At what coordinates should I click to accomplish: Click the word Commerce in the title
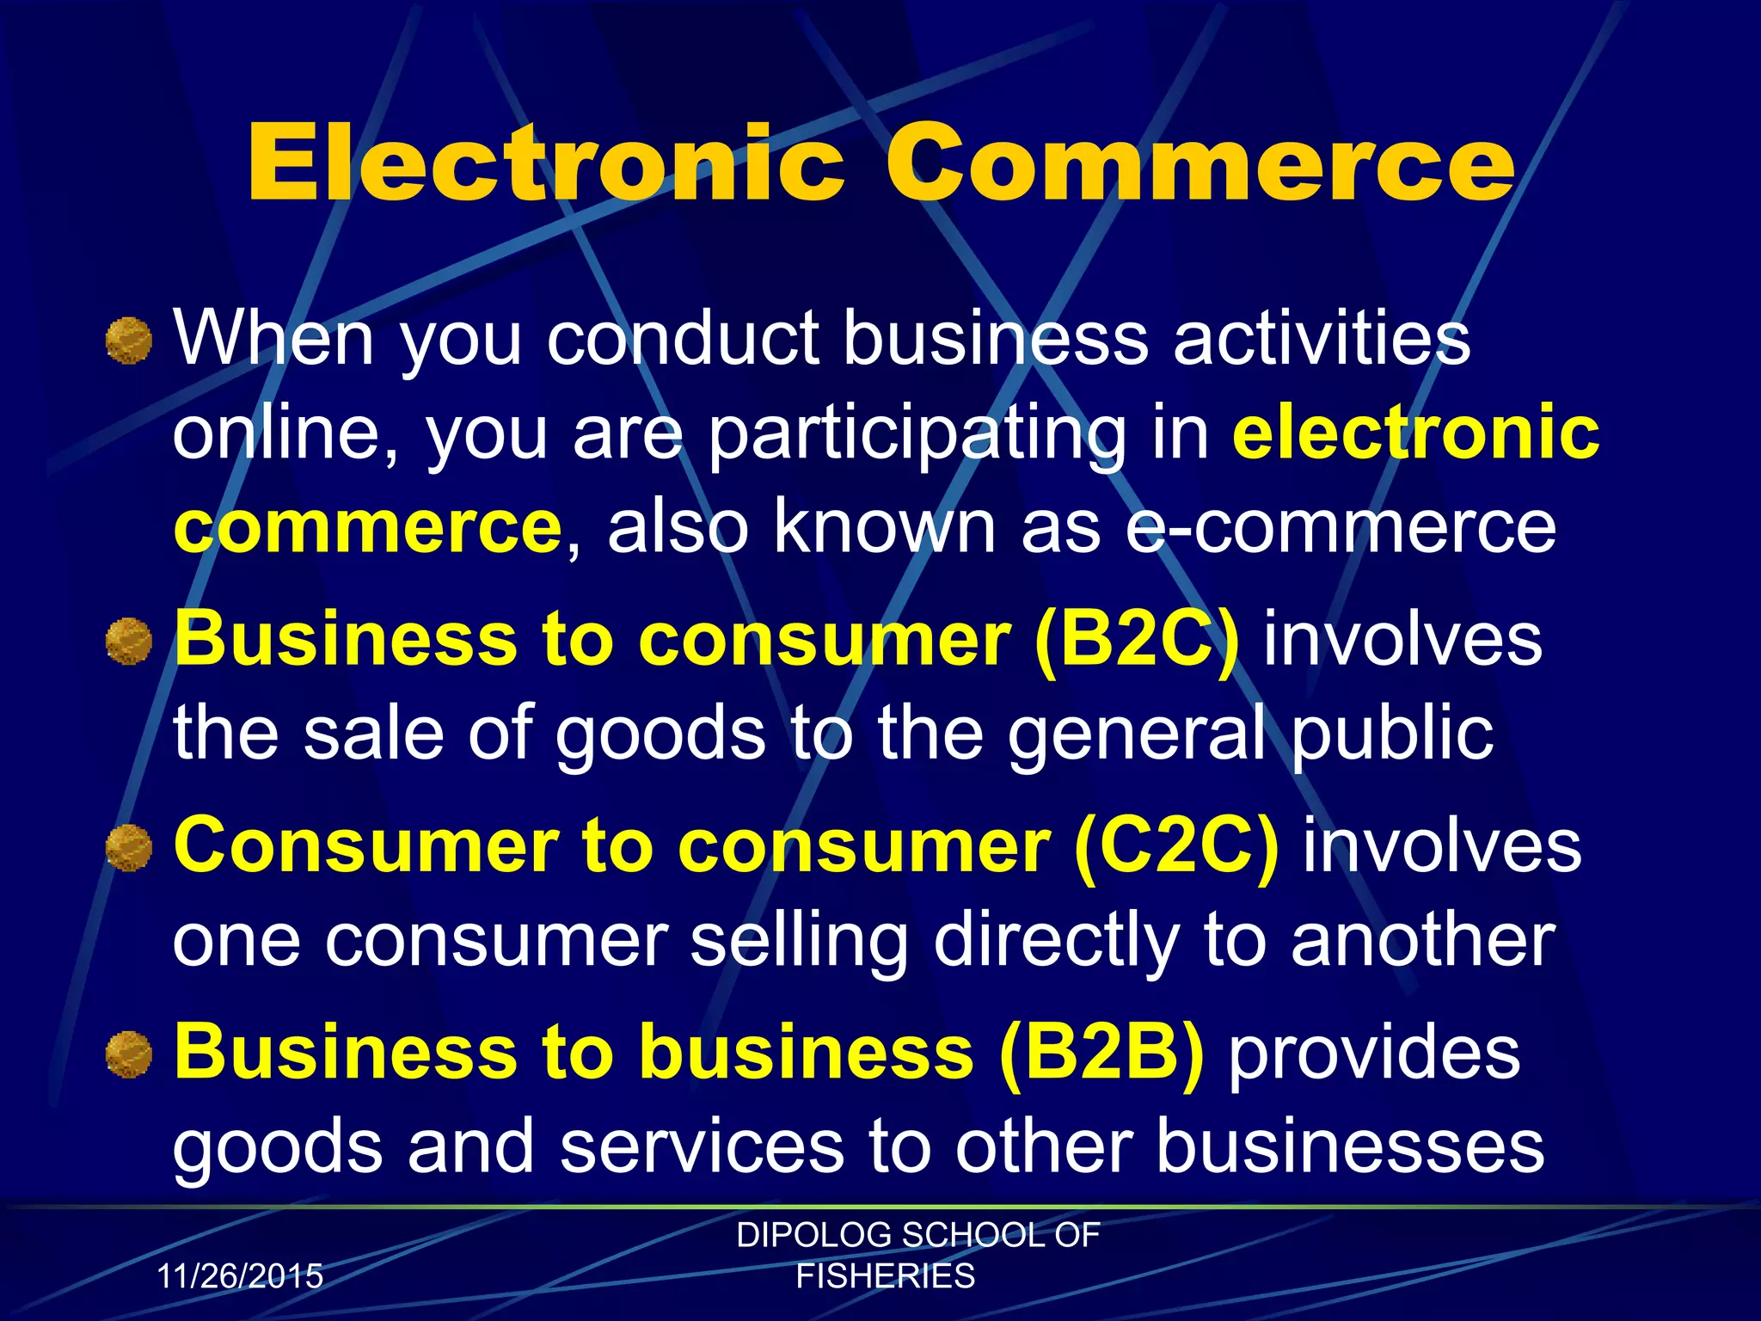pyautogui.click(x=1199, y=163)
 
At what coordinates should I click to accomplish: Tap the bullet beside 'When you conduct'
pyautogui.click(x=129, y=341)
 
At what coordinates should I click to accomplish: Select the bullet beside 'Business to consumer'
pyautogui.click(x=129, y=642)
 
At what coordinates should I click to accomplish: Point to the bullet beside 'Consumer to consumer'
pyautogui.click(x=129, y=847)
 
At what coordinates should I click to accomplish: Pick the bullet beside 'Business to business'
pyautogui.click(x=129, y=1054)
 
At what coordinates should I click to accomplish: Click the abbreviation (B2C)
pyautogui.click(x=1137, y=640)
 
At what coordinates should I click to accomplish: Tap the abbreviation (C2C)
pyautogui.click(x=1176, y=846)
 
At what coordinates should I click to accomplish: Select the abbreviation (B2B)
pyautogui.click(x=1101, y=1054)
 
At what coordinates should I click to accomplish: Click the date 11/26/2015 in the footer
pyautogui.click(x=240, y=1275)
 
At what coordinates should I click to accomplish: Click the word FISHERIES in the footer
pyautogui.click(x=886, y=1276)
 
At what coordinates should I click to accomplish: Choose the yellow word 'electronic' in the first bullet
pyautogui.click(x=1415, y=432)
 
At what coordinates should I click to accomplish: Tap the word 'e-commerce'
pyautogui.click(x=1341, y=526)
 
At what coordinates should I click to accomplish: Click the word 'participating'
pyautogui.click(x=917, y=433)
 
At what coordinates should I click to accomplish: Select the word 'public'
pyautogui.click(x=1392, y=733)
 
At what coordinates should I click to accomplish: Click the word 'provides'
pyautogui.click(x=1373, y=1054)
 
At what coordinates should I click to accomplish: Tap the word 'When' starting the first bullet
pyautogui.click(x=274, y=337)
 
